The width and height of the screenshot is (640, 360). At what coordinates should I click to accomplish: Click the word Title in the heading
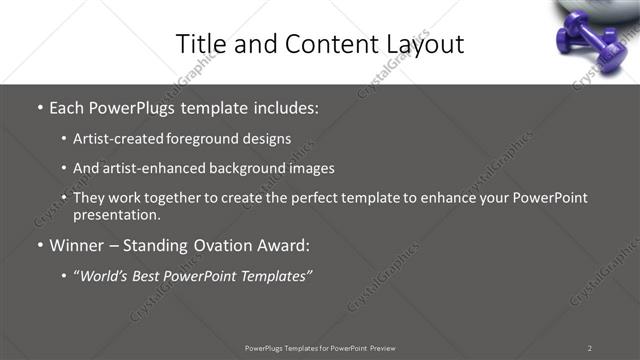(x=197, y=44)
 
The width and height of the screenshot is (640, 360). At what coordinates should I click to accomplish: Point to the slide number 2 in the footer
(x=590, y=348)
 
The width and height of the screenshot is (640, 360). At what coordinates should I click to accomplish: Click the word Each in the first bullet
(x=69, y=106)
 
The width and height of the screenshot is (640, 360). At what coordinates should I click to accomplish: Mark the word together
(x=165, y=198)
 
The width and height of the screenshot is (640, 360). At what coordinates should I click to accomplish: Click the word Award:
(x=283, y=246)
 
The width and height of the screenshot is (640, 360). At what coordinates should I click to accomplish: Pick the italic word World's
(x=108, y=276)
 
